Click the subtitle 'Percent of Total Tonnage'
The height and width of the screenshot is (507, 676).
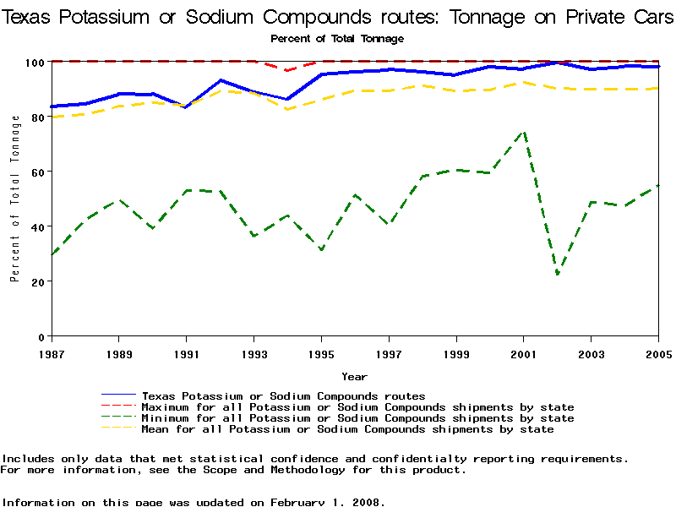(x=337, y=39)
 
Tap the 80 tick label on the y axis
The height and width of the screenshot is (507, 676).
(x=37, y=117)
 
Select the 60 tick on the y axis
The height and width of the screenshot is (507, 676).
(x=37, y=172)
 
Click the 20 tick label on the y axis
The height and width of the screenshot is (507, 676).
(x=37, y=281)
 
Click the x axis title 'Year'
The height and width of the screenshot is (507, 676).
(x=354, y=377)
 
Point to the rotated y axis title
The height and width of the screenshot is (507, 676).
(x=15, y=199)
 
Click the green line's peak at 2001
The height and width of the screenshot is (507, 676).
(x=524, y=131)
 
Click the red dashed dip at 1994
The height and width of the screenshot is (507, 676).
(x=287, y=70)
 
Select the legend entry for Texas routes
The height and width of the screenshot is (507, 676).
(x=283, y=395)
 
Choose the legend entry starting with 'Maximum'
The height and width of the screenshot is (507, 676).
(x=357, y=407)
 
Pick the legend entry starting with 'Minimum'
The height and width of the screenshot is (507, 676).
(x=357, y=418)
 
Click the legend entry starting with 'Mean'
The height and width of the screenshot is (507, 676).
(x=347, y=429)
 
